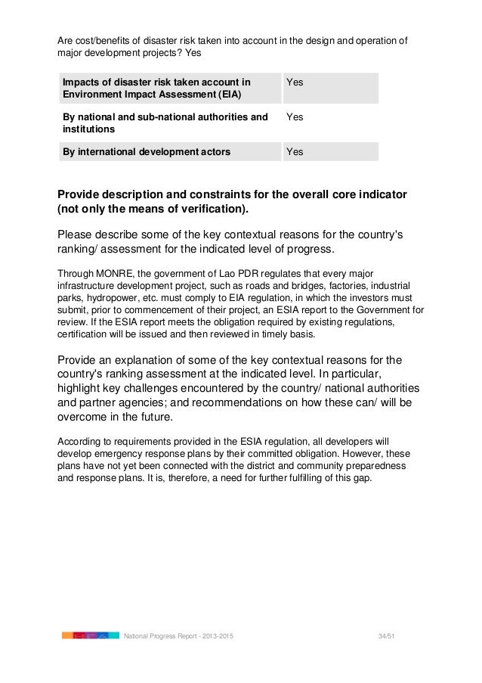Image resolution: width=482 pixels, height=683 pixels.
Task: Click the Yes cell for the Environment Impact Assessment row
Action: [x=295, y=82]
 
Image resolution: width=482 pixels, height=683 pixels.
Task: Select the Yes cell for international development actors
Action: [x=295, y=151]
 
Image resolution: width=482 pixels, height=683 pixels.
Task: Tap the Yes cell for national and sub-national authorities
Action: [x=295, y=117]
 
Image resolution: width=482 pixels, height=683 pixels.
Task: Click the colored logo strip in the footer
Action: [x=91, y=636]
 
